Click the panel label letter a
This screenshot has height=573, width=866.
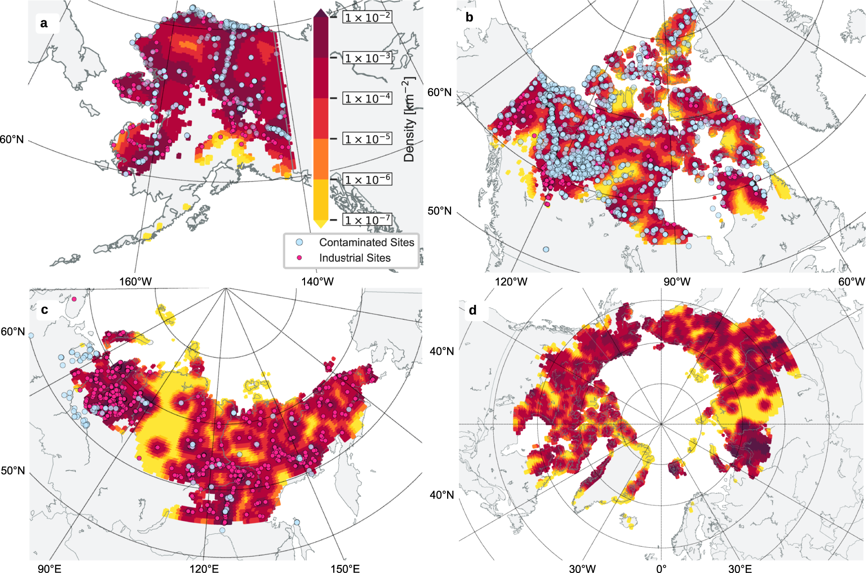point(44,23)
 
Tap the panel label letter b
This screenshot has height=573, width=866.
point(469,17)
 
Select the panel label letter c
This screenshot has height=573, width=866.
point(45,310)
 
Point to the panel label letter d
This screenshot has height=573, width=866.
point(472,310)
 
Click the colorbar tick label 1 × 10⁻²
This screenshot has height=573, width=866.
point(367,17)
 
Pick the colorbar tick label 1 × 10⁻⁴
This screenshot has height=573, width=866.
point(367,98)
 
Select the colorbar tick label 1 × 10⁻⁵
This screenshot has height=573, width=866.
point(367,139)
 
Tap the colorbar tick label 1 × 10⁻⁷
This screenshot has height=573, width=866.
point(367,220)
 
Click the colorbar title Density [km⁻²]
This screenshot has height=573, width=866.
point(409,119)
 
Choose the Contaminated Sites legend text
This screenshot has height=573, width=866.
point(366,242)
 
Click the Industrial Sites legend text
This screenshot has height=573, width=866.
point(355,258)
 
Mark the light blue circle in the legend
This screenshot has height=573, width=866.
point(299,242)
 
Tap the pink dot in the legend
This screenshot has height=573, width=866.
point(299,258)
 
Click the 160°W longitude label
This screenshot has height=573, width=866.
point(135,282)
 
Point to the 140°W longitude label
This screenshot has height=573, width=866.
point(317,282)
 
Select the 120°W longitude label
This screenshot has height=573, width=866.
point(511,282)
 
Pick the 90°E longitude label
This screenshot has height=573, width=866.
point(50,568)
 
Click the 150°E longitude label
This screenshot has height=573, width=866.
point(345,568)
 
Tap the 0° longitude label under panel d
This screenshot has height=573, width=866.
point(661,568)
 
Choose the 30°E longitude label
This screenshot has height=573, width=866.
point(740,568)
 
